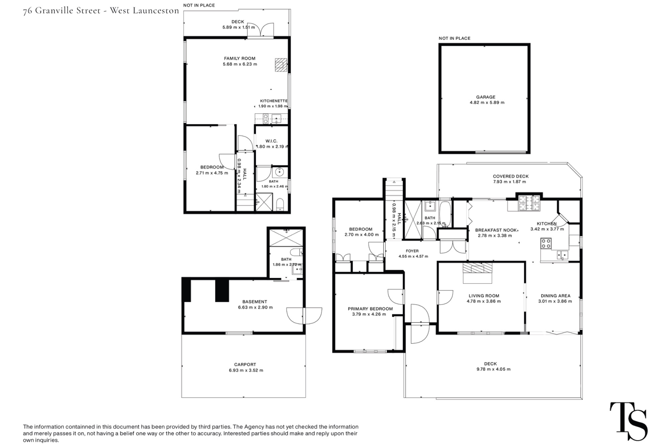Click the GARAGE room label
(x=486, y=97)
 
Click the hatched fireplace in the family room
(x=281, y=65)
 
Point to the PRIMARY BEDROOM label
(x=370, y=309)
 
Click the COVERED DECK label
(x=511, y=176)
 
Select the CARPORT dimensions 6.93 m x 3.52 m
(x=244, y=370)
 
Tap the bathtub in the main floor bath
(x=445, y=214)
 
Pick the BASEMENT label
(x=255, y=302)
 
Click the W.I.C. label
(x=272, y=141)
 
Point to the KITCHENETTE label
(x=274, y=101)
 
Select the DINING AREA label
(x=556, y=296)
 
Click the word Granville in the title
(x=68, y=11)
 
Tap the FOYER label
(x=412, y=251)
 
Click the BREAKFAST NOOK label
(x=496, y=230)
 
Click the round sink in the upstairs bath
(x=279, y=173)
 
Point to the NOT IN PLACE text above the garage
(x=455, y=38)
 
